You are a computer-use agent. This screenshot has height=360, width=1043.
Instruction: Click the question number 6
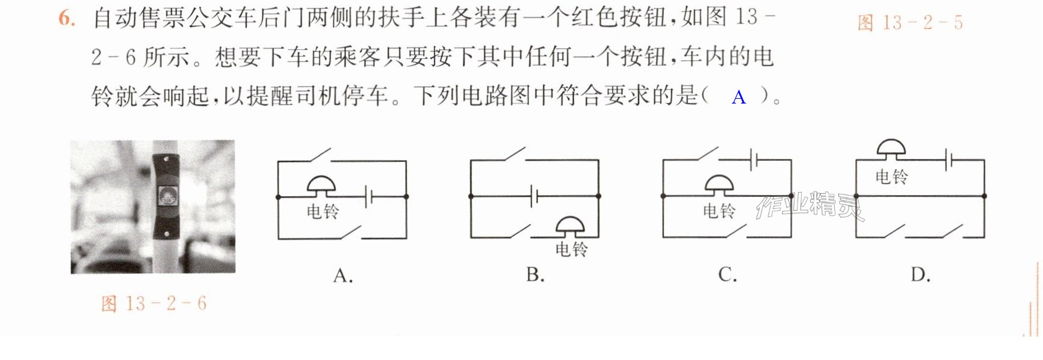click(x=67, y=18)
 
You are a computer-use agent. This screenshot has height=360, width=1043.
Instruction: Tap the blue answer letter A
click(x=738, y=97)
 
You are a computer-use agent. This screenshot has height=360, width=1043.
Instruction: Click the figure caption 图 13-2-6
click(x=153, y=303)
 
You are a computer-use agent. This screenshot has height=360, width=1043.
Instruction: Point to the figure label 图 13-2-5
click(x=910, y=23)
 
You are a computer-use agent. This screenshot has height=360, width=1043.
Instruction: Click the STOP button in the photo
click(x=167, y=197)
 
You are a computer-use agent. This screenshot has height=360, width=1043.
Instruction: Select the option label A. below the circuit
click(x=343, y=276)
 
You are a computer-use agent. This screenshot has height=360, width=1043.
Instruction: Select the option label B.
click(x=535, y=275)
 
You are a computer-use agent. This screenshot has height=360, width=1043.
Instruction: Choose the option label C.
click(x=728, y=275)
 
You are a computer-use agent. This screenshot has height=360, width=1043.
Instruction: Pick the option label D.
click(x=920, y=275)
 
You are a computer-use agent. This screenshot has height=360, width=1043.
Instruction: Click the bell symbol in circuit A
click(x=321, y=187)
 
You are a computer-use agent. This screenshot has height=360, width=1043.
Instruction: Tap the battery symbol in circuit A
click(x=369, y=196)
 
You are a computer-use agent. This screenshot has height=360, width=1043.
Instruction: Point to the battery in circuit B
click(x=534, y=196)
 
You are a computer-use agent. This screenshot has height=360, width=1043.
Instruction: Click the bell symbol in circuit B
click(x=569, y=227)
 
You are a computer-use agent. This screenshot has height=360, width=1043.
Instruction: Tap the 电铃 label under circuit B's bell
click(x=571, y=249)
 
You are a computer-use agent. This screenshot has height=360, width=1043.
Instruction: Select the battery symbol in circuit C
click(x=754, y=160)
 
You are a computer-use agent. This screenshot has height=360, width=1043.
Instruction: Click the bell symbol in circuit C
click(x=719, y=185)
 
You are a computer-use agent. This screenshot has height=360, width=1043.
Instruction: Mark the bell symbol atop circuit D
click(x=891, y=149)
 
